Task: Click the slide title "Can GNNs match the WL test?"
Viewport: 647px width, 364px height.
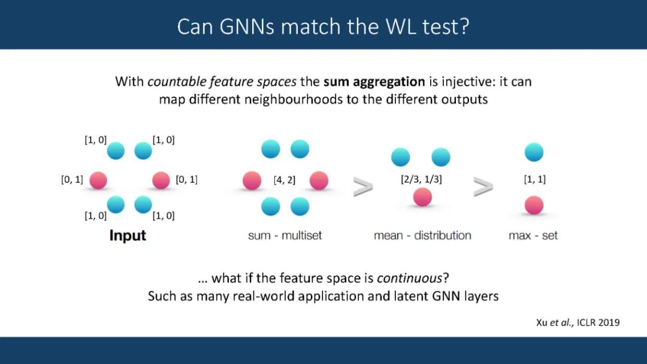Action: point(323,26)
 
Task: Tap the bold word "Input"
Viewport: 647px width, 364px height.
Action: point(128,236)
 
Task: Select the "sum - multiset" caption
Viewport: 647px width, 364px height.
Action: point(285,236)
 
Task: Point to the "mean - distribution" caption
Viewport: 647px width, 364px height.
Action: point(422,236)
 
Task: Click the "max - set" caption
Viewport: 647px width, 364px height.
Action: point(533,236)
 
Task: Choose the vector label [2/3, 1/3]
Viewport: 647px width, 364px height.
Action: point(422,179)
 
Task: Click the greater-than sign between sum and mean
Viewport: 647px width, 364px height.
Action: point(363,188)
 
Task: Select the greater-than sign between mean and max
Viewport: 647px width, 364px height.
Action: point(483,188)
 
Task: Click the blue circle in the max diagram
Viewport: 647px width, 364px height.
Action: point(534,152)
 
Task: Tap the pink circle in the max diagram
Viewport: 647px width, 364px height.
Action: point(534,206)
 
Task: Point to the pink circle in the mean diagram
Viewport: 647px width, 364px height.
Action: point(422,197)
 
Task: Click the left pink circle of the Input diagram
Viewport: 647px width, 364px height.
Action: point(98,180)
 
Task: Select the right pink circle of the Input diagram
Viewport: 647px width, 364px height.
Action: point(161,180)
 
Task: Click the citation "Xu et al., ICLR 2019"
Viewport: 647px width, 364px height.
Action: point(578,323)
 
